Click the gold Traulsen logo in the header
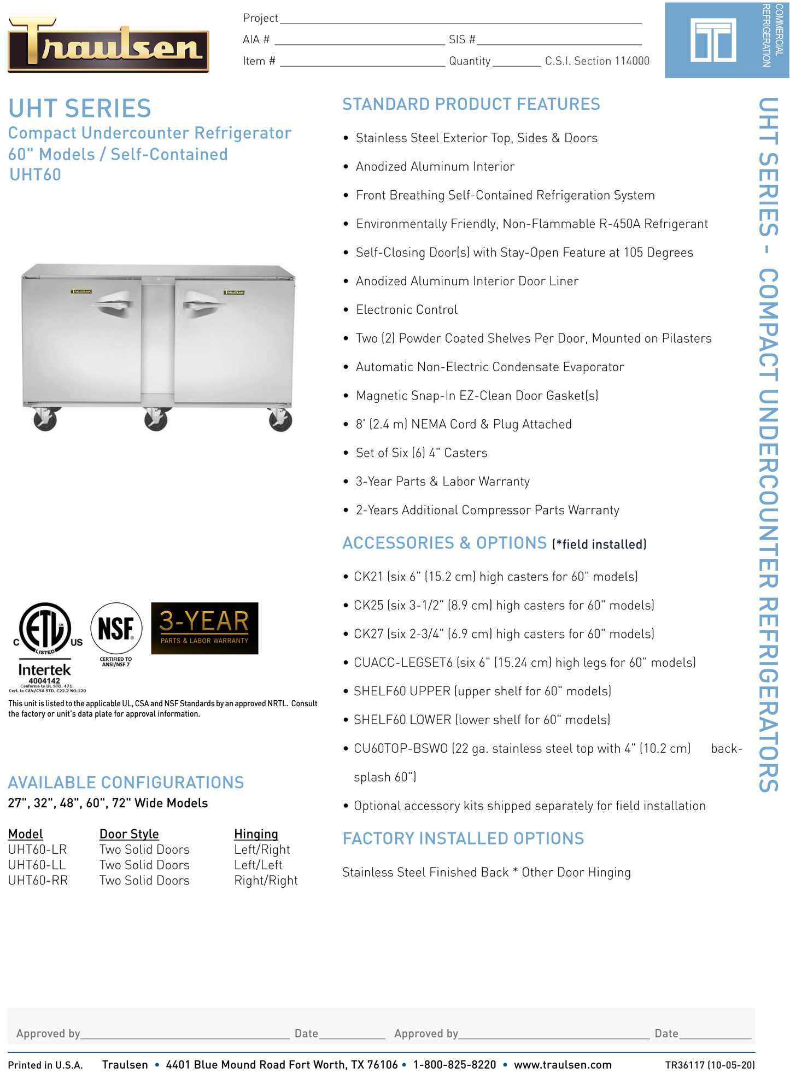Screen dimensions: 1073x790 [108, 44]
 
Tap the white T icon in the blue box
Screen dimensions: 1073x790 [712, 39]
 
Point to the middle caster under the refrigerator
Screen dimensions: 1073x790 [156, 420]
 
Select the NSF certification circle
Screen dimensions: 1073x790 [116, 629]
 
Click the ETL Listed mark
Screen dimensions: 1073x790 [45, 628]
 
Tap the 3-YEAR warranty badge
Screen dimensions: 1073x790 [204, 628]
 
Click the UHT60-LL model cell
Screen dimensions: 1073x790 [37, 865]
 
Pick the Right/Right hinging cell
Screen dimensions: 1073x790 [266, 880]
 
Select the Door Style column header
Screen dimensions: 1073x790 [129, 834]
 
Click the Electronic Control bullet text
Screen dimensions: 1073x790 [406, 309]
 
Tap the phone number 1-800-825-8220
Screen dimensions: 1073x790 [454, 1064]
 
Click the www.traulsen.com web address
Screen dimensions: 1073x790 [562, 1064]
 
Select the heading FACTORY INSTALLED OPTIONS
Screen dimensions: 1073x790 [463, 838]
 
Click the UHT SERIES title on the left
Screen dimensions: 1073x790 [79, 108]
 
